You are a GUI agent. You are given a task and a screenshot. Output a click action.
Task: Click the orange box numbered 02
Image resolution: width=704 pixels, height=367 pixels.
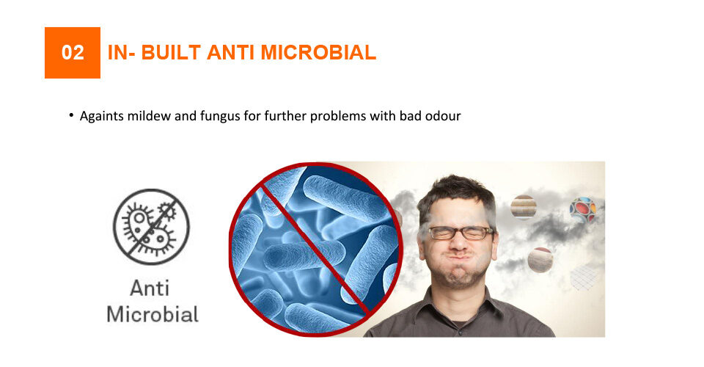tap(73, 53)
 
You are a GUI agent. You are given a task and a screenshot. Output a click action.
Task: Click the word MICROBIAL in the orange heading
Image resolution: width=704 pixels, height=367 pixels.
tap(318, 53)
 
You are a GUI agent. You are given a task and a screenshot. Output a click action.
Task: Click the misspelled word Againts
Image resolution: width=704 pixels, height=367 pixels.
tap(102, 117)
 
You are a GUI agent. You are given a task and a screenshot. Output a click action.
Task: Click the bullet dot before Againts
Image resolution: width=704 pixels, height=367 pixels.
tap(71, 115)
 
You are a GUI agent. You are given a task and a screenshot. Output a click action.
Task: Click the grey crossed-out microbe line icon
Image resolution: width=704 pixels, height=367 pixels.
tap(151, 227)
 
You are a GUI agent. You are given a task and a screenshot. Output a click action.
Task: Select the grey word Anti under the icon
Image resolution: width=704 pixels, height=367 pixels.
tap(150, 288)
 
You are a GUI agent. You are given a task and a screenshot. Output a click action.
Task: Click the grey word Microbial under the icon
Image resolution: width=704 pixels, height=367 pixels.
tap(153, 314)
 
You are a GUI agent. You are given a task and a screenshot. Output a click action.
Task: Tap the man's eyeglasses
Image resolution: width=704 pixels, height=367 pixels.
tap(461, 233)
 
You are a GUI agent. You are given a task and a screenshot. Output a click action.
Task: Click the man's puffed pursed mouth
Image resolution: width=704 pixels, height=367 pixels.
tap(459, 261)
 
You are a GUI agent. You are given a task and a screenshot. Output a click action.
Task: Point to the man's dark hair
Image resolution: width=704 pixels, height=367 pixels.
tap(455, 193)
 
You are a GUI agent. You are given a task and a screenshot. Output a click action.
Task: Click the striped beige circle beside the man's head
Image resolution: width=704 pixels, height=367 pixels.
tap(524, 207)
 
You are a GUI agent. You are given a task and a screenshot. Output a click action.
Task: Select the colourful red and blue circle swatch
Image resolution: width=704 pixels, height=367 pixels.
tap(583, 209)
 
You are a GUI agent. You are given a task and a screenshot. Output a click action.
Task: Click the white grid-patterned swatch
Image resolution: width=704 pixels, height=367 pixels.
tap(585, 277)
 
